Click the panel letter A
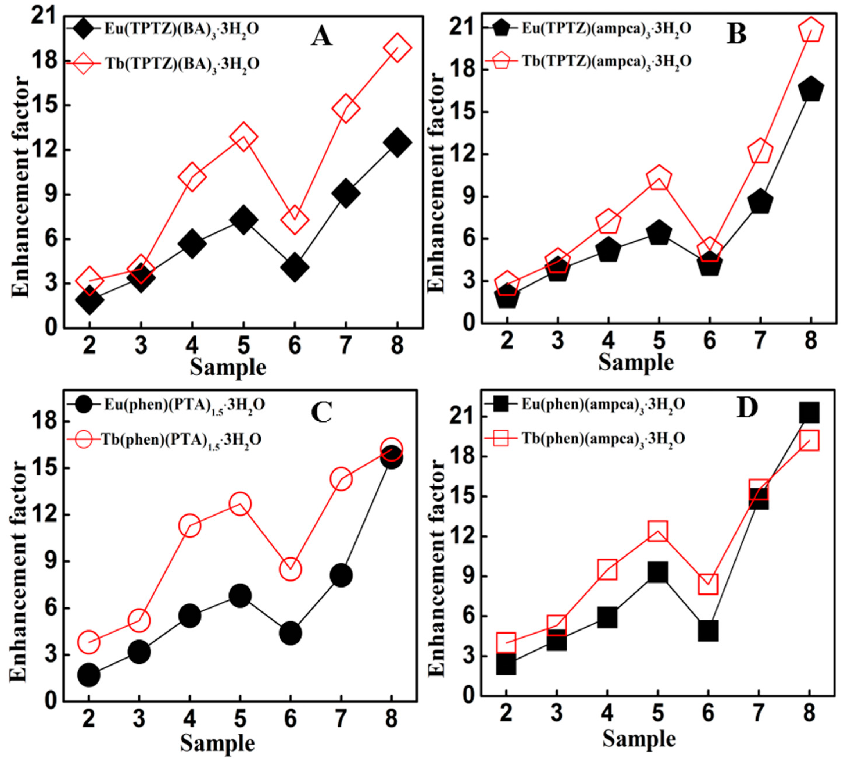pyautogui.click(x=321, y=36)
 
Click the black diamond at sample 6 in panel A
pyautogui.click(x=295, y=267)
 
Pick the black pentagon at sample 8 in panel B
pyautogui.click(x=811, y=89)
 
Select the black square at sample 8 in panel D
pyautogui.click(x=809, y=413)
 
